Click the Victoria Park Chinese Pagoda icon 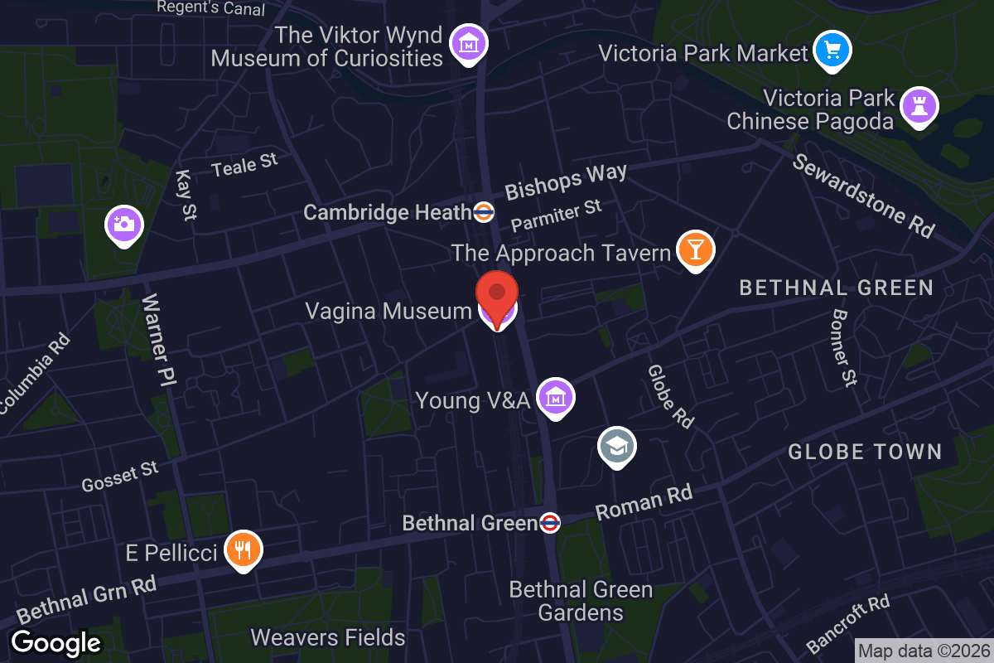click(x=919, y=105)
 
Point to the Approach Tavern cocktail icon click(x=695, y=249)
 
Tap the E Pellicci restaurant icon click(x=243, y=549)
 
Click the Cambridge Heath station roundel click(x=485, y=212)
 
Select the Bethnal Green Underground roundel click(x=550, y=523)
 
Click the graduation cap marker click(x=617, y=447)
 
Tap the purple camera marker click(x=124, y=224)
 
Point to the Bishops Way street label click(x=567, y=182)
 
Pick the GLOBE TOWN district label click(x=865, y=452)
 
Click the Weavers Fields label click(x=328, y=637)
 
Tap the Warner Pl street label click(x=159, y=340)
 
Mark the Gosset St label click(x=120, y=477)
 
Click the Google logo click(x=55, y=643)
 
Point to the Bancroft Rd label click(x=847, y=624)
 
